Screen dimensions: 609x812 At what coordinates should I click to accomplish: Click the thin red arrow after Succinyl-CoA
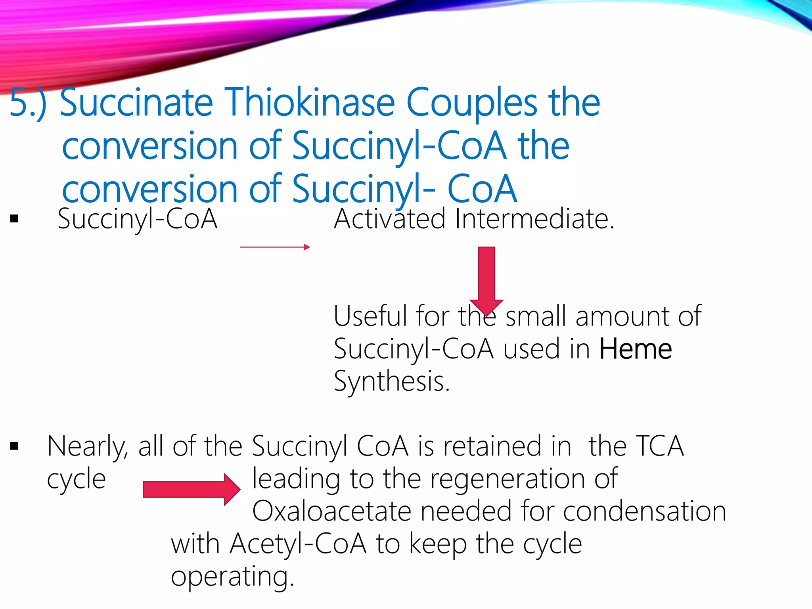(x=275, y=247)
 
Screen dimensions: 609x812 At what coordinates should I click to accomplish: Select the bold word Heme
(x=636, y=349)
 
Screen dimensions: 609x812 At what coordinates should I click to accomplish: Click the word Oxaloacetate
(x=331, y=511)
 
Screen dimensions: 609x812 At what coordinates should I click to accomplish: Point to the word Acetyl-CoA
(x=298, y=544)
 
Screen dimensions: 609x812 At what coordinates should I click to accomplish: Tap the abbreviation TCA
(x=660, y=446)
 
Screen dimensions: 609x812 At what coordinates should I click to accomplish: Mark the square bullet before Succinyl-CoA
(x=15, y=218)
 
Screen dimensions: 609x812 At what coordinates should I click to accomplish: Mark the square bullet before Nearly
(x=15, y=446)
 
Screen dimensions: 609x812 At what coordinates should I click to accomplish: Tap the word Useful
(x=370, y=316)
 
